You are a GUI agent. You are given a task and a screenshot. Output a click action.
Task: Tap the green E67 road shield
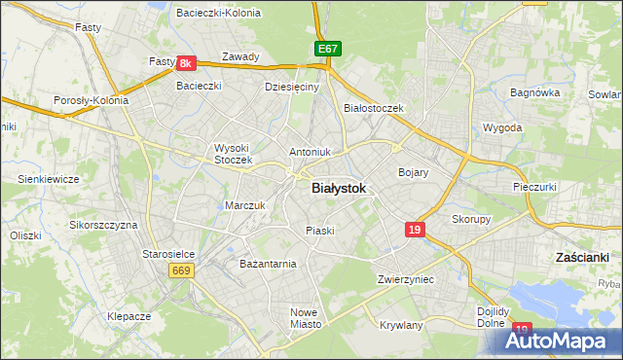(x=327, y=49)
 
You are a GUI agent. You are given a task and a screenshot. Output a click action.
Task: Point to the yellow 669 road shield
(x=181, y=270)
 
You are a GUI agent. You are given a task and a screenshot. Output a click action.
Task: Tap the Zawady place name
(x=240, y=56)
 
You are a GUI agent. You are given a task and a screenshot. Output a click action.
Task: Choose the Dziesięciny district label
(x=292, y=87)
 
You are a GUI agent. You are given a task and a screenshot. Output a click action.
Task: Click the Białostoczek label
(x=374, y=108)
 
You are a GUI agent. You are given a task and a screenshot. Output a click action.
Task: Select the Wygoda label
(x=502, y=127)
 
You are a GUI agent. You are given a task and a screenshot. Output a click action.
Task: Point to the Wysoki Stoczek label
(x=233, y=154)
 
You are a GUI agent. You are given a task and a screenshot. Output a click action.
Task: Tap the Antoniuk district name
(x=311, y=152)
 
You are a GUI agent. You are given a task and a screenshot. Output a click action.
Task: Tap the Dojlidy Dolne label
(x=495, y=318)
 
